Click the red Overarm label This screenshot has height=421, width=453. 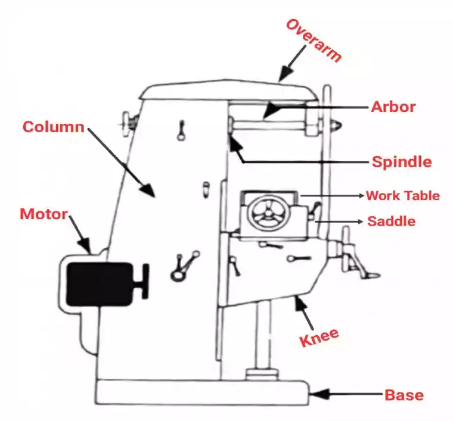coord(314,40)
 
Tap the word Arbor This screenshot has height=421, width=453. coord(393,107)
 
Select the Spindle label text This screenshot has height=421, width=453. coord(402,161)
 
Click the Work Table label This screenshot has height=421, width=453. coord(403,195)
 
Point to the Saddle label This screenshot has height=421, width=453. coord(391,221)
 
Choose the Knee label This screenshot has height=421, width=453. coord(319,339)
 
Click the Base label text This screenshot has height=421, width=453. coord(404,394)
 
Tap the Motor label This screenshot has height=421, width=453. coord(44,214)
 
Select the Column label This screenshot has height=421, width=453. coord(53,127)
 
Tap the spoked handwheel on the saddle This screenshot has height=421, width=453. coord(266,213)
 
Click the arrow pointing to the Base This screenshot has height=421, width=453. coord(346,394)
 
